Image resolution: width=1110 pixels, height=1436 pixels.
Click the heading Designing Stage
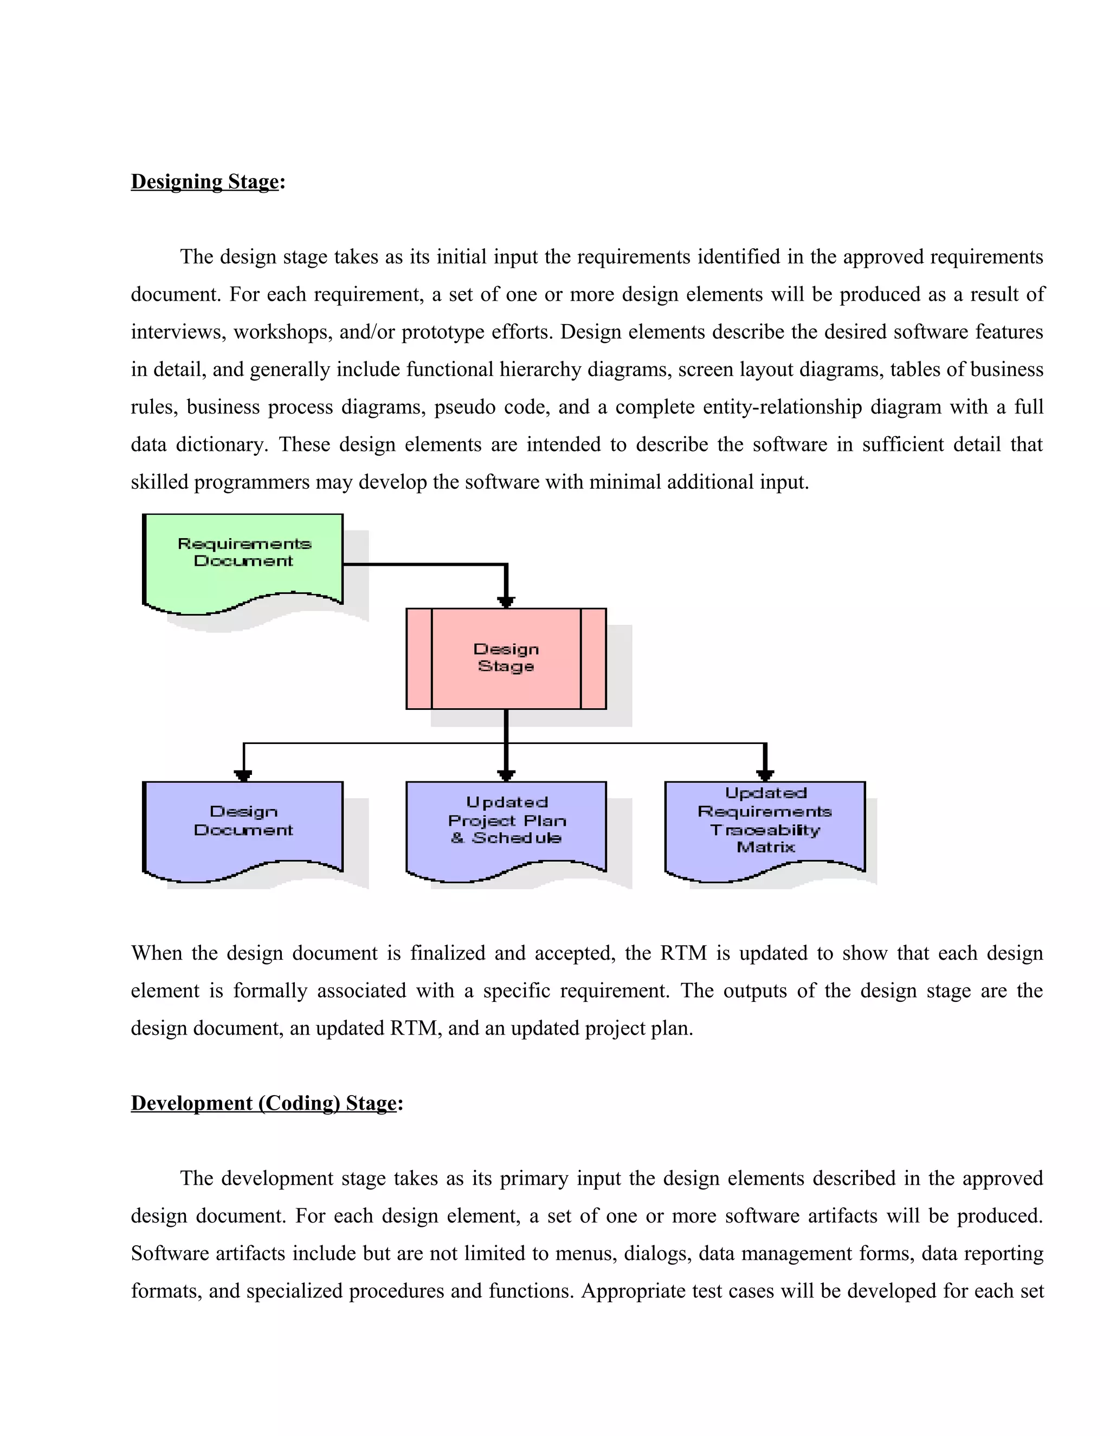pyautogui.click(x=205, y=182)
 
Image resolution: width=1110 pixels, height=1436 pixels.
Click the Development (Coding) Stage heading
pyautogui.click(x=264, y=1103)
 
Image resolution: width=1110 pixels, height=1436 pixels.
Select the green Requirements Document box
pyautogui.click(x=243, y=559)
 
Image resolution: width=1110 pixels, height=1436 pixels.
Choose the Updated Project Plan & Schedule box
pyautogui.click(x=506, y=826)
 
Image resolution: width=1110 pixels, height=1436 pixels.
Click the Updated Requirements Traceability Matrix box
pyautogui.click(x=765, y=826)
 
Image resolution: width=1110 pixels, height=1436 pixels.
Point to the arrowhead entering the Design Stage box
pyautogui.click(x=506, y=601)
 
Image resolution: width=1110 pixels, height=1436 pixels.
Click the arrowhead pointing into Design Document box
pyautogui.click(x=243, y=775)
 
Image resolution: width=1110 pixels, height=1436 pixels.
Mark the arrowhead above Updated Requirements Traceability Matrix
pyautogui.click(x=765, y=775)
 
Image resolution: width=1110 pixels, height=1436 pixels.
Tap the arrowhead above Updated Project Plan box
pyautogui.click(x=506, y=775)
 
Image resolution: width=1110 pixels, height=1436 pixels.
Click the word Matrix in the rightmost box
pyautogui.click(x=765, y=848)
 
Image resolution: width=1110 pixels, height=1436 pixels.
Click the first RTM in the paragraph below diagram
pyautogui.click(x=683, y=953)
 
